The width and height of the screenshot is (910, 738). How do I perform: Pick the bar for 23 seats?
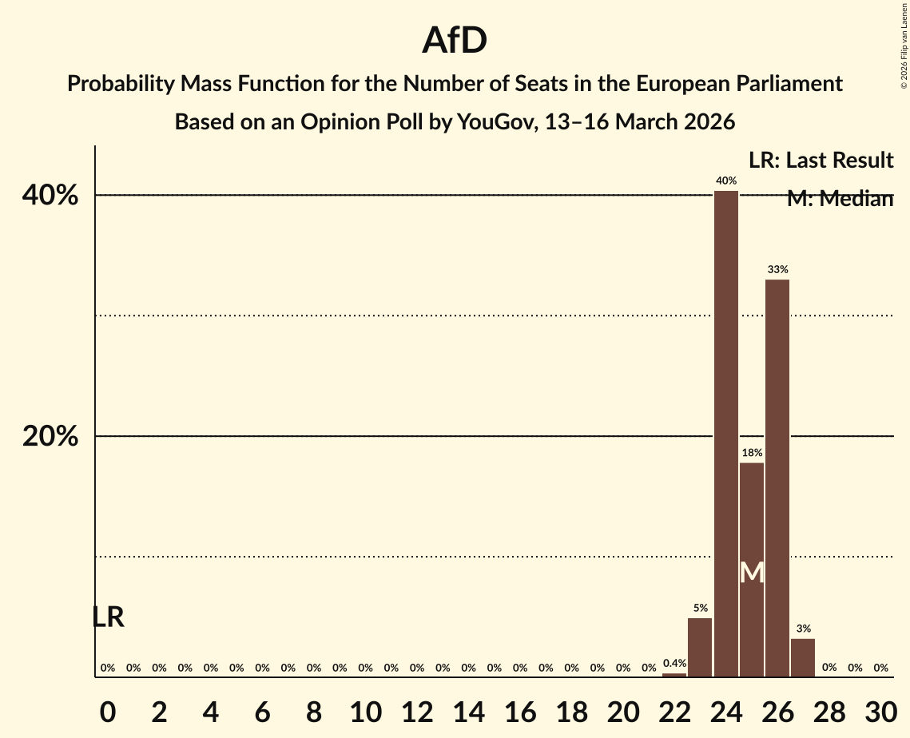(700, 647)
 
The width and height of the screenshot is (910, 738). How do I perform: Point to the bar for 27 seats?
(803, 657)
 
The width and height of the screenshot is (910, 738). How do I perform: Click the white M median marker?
(752, 572)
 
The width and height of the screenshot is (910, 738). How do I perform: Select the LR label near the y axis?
(108, 617)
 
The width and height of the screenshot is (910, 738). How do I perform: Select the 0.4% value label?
(674, 664)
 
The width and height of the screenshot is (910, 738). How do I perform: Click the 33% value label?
(777, 270)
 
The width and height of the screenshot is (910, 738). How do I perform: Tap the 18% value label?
(752, 453)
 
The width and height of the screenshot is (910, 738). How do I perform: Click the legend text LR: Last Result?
(821, 161)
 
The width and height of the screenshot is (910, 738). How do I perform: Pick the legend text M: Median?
(840, 199)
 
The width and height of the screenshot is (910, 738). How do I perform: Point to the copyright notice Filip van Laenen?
(904, 45)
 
